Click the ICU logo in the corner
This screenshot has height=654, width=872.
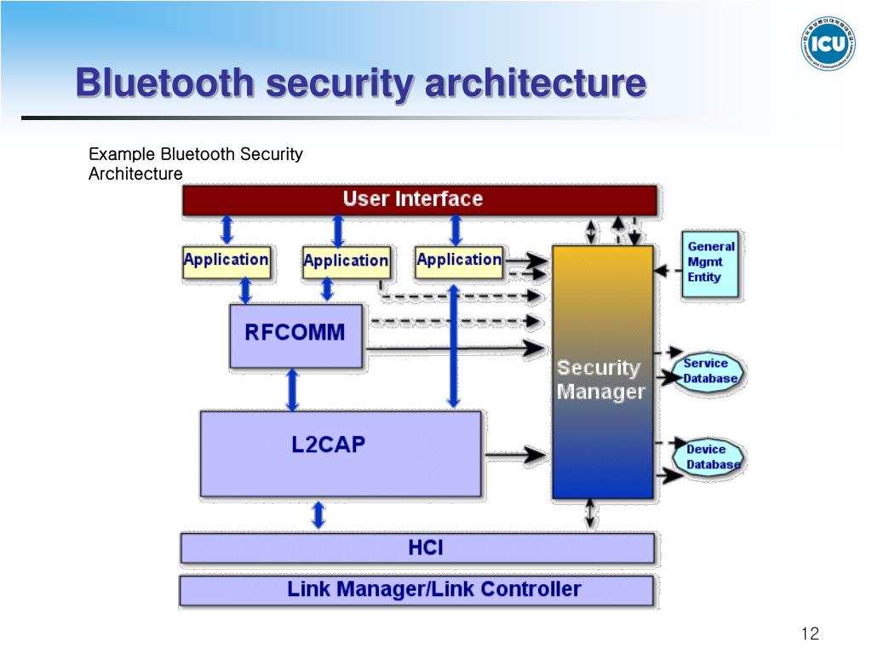point(828,42)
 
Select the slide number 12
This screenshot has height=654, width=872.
point(810,634)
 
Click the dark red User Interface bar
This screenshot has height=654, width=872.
point(419,200)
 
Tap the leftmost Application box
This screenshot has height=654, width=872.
point(227,261)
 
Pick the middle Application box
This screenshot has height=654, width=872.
point(346,261)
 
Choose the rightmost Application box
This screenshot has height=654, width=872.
point(459,261)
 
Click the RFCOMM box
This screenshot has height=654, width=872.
point(295,335)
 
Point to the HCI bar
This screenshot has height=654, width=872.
point(417,548)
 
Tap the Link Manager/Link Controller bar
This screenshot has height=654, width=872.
point(417,589)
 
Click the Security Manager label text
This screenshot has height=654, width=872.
point(600,380)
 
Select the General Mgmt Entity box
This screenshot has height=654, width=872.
point(710,262)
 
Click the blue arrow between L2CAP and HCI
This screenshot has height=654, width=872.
point(318,514)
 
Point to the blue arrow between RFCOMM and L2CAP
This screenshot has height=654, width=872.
point(293,389)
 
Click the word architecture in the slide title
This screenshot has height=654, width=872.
point(535,83)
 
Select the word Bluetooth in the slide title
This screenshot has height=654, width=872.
point(163,83)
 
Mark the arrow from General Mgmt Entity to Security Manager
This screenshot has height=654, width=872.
point(668,271)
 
